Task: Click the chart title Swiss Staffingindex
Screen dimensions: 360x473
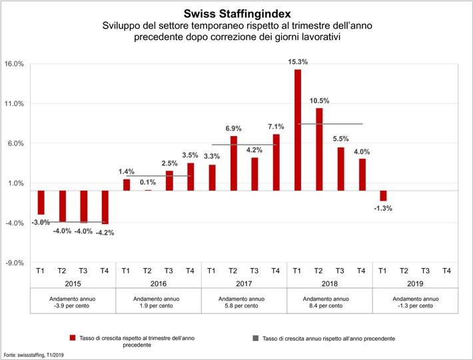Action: click(236, 13)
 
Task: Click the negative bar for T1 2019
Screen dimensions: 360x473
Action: click(382, 195)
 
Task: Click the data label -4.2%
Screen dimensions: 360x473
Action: click(105, 233)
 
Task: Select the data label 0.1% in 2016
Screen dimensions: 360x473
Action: click(147, 182)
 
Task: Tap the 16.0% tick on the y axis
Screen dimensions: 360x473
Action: click(14, 64)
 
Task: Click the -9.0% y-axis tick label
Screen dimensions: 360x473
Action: click(14, 263)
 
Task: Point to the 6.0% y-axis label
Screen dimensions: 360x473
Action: click(15, 143)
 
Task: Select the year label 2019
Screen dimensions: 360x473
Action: click(414, 283)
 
